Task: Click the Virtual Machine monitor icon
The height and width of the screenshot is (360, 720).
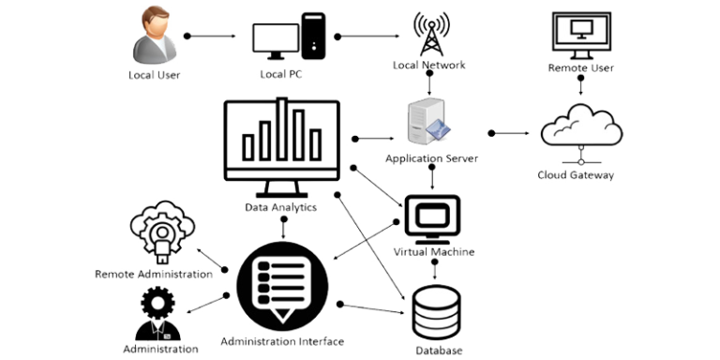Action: coord(433,217)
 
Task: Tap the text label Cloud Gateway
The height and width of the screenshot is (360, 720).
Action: coord(576,174)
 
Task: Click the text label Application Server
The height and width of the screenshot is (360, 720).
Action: coord(431,160)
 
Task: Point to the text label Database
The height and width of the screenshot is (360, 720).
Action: coord(439,350)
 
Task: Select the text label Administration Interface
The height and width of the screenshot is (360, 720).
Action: coord(281,340)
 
